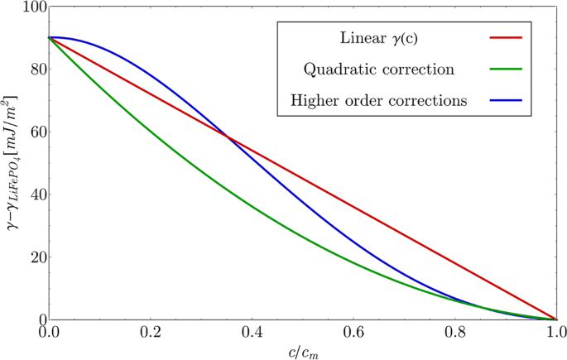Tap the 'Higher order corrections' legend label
(380, 101)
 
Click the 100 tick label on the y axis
(29, 7)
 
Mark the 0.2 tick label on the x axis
(150, 334)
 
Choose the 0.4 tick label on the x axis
(252, 334)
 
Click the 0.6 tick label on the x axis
(353, 334)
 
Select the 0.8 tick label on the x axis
(455, 334)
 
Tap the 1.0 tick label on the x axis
(555, 334)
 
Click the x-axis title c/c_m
(303, 352)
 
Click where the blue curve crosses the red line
(228, 137)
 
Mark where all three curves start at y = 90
(49, 38)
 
